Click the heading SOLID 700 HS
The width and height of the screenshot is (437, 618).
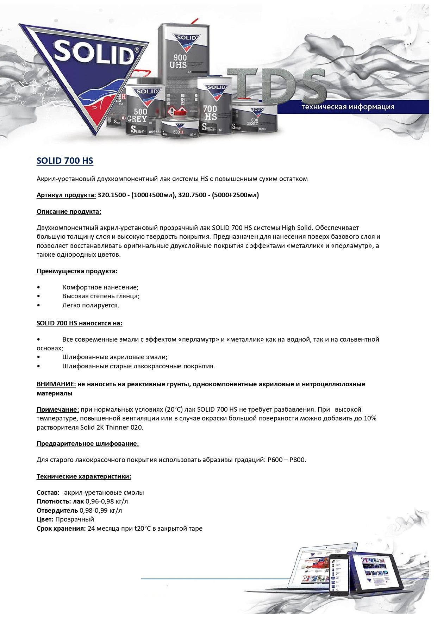point(65,161)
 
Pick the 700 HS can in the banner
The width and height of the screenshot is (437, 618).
point(214,106)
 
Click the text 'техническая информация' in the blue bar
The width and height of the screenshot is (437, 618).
point(348,107)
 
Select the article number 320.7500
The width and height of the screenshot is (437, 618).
point(192,195)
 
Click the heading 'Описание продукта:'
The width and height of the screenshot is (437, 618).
point(69,212)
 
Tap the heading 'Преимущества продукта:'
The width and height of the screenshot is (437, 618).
point(77,271)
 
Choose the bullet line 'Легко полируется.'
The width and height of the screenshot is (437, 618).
point(90,305)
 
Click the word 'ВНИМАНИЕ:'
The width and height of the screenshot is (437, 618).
point(56,384)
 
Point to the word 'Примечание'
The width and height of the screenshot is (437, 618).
point(57,410)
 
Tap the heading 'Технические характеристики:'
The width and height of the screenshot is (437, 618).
point(84,476)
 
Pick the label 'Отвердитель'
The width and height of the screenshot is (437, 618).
point(57,511)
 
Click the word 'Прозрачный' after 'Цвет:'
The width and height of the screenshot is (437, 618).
point(75,519)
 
